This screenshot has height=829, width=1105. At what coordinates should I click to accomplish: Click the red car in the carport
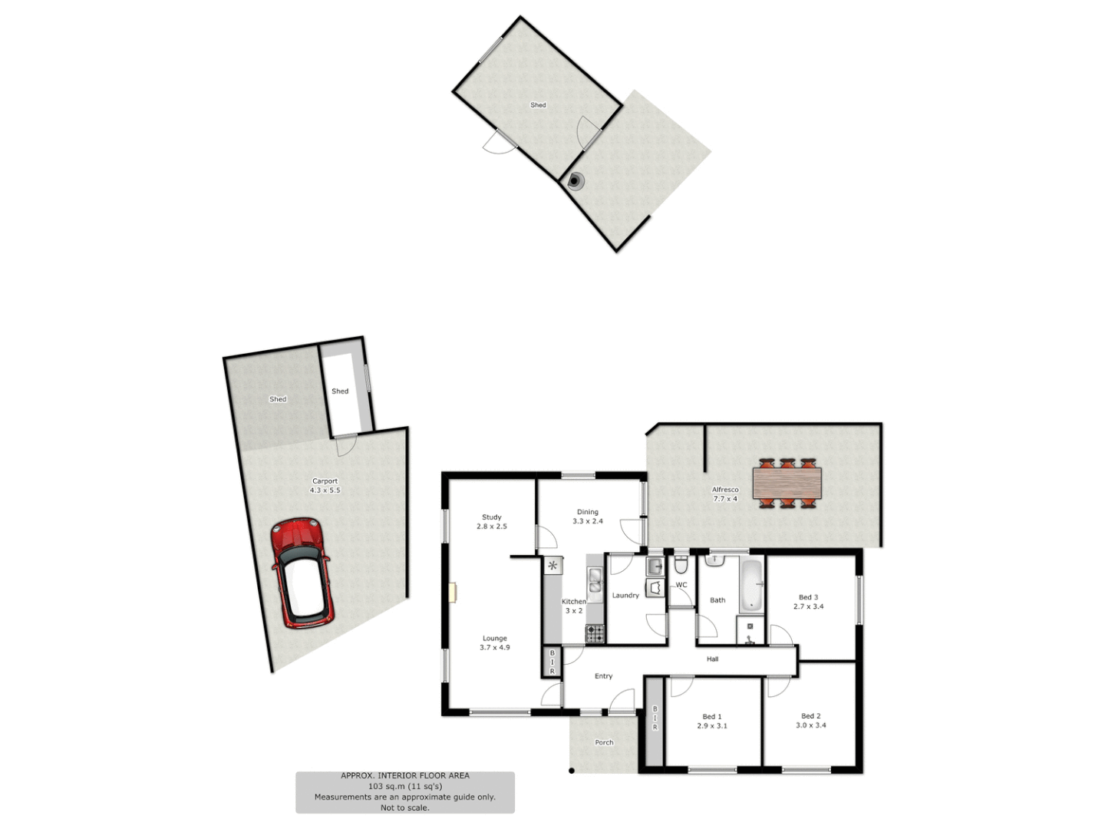[x=301, y=573]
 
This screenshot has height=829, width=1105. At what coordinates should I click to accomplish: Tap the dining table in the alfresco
[x=787, y=484]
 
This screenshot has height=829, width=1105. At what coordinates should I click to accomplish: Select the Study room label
[x=492, y=517]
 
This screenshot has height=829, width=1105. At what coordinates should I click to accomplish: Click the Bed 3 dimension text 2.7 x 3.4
[x=809, y=606]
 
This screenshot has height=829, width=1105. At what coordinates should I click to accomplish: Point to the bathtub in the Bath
[x=752, y=585]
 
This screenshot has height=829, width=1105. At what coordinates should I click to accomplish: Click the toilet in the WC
[x=681, y=566]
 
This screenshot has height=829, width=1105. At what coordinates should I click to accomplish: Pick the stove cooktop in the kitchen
[x=595, y=633]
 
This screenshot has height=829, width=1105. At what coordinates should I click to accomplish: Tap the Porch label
[x=604, y=742]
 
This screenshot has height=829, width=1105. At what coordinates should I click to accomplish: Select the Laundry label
[x=625, y=596]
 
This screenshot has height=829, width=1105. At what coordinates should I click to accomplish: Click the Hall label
[x=713, y=659]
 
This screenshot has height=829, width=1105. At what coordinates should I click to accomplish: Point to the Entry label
[x=604, y=676]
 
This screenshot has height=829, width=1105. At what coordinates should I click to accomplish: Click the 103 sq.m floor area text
[x=405, y=786]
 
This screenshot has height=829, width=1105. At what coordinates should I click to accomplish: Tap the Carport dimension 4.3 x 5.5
[x=325, y=490]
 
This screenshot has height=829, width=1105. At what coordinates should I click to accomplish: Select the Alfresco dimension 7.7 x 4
[x=725, y=499]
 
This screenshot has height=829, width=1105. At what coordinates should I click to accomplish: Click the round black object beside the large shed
[x=575, y=181]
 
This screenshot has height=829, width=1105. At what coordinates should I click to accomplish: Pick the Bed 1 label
[x=712, y=717]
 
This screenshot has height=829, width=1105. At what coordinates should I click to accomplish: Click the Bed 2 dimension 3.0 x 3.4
[x=811, y=725]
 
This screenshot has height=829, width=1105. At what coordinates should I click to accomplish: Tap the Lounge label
[x=495, y=639]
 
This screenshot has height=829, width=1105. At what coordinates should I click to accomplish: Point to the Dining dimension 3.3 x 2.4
[x=588, y=521]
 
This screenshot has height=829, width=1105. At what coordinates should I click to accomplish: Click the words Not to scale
[x=405, y=808]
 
